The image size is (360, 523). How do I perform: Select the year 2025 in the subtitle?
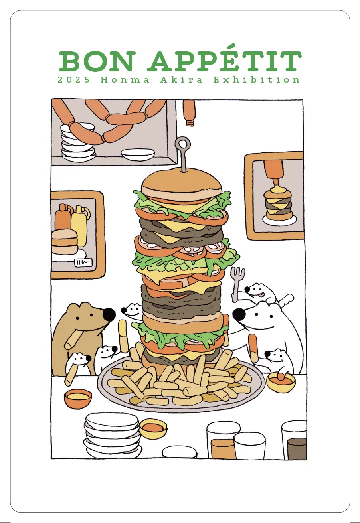coord(73,80)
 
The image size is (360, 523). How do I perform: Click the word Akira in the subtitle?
coord(181,80)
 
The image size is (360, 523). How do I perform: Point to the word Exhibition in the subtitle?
coord(256,80)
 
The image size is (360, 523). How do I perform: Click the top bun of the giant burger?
coord(182,185)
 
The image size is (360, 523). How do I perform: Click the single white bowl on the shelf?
coord(138,154)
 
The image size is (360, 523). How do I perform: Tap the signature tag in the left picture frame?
coord(82,263)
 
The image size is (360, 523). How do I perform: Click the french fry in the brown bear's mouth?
coord(73,339)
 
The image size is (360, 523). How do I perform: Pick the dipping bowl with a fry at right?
coord(281,382)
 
